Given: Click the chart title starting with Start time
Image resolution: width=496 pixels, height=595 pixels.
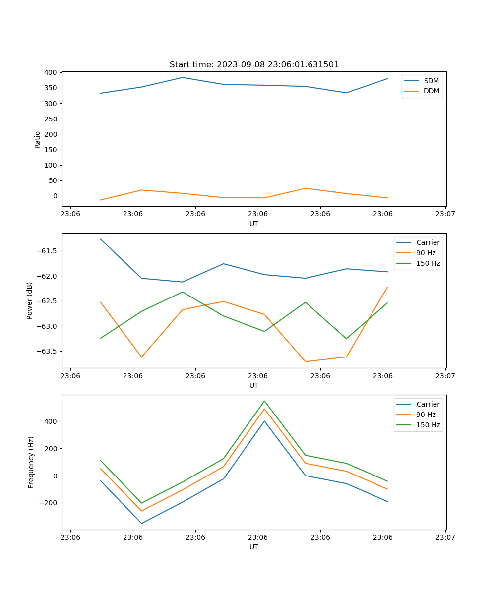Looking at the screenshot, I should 254,65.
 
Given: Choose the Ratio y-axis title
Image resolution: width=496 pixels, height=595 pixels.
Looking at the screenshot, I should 38,139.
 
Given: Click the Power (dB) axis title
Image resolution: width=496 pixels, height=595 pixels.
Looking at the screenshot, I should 30,300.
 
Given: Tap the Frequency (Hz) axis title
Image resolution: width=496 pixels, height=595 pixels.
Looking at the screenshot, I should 31,462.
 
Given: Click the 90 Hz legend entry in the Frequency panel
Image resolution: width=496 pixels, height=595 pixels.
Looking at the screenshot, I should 426,415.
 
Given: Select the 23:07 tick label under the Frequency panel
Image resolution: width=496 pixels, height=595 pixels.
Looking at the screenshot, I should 445,537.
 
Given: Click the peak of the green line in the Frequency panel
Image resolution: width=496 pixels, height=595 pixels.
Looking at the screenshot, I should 264,401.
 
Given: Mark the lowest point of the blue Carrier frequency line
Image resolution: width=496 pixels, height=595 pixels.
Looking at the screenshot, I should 141,523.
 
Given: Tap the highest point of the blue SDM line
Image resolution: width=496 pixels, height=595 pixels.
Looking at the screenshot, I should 183,77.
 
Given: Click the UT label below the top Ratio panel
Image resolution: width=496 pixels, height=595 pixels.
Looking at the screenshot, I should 254,224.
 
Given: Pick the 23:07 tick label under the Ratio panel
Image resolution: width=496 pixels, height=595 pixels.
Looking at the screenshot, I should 445,214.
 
